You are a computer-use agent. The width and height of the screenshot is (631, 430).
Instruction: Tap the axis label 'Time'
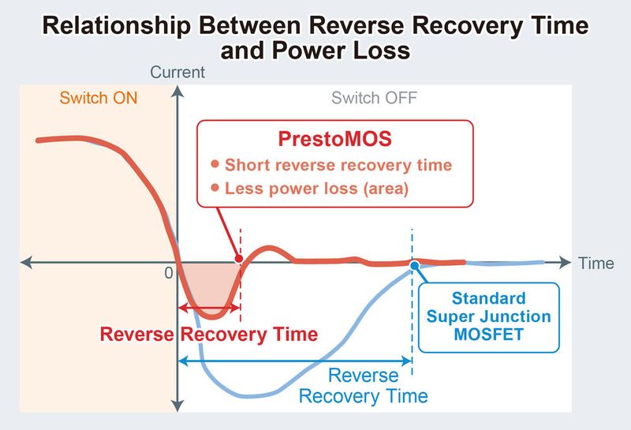pyautogui.click(x=596, y=264)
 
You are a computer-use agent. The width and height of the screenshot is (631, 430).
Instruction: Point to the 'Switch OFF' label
pyautogui.click(x=374, y=99)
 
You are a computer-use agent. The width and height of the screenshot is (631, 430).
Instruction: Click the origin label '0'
pyautogui.click(x=168, y=273)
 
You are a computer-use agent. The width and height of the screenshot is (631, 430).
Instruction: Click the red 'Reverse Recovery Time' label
pyautogui.click(x=208, y=334)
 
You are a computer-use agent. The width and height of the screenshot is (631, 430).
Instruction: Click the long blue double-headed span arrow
pyautogui.click(x=296, y=361)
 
